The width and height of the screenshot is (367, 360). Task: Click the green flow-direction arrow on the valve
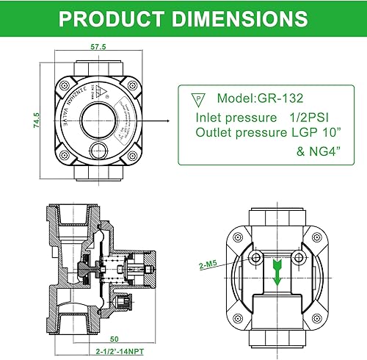click(x=278, y=271)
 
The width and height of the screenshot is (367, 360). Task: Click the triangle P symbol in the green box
click(x=197, y=99)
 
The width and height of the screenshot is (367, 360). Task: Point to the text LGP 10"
click(x=318, y=132)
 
